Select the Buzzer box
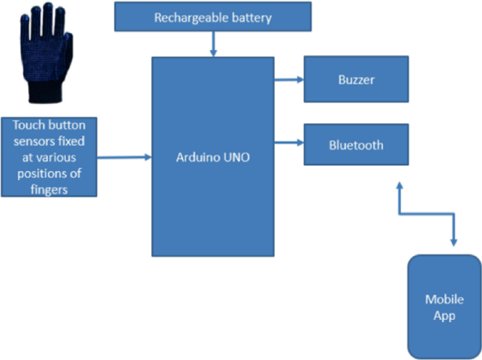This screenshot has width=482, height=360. point(355,79)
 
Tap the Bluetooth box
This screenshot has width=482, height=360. point(355,145)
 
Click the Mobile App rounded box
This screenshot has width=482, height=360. point(444,308)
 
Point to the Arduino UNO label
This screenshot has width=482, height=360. point(213,157)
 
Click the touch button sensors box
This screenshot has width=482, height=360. point(49,157)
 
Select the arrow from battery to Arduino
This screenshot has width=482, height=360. point(212,44)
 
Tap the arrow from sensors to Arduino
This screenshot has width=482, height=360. point(124,157)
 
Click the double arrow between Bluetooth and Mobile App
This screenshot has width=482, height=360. point(426,211)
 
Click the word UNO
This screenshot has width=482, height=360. point(236,157)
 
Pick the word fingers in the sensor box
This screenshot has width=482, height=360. point(49,189)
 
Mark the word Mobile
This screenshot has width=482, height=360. point(444,300)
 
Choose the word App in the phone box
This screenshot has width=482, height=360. point(444,316)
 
